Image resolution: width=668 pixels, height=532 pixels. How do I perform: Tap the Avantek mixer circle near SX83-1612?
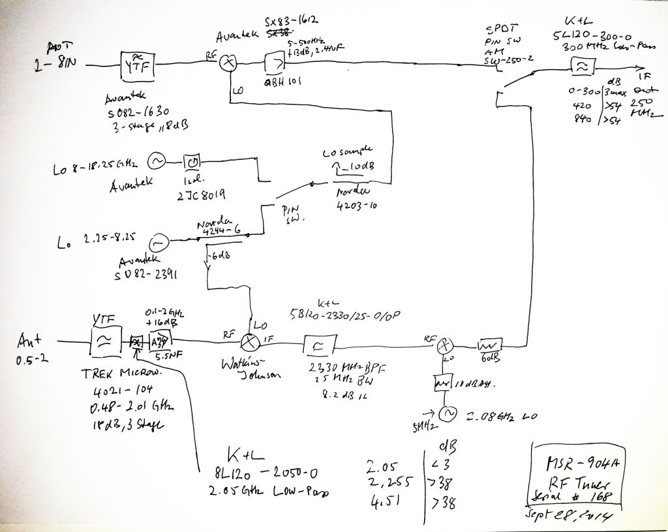(x=228, y=63)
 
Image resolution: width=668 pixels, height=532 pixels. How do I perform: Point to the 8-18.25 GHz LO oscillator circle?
(x=157, y=160)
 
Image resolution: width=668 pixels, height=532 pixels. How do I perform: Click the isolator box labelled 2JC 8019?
(x=193, y=160)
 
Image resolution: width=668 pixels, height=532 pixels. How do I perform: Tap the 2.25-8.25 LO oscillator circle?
(x=157, y=243)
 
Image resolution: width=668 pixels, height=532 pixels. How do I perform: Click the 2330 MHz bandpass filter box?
(x=320, y=344)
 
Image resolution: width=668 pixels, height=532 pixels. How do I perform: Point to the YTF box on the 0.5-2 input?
(x=103, y=339)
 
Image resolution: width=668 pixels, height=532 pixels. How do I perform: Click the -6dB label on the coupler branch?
(x=216, y=256)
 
